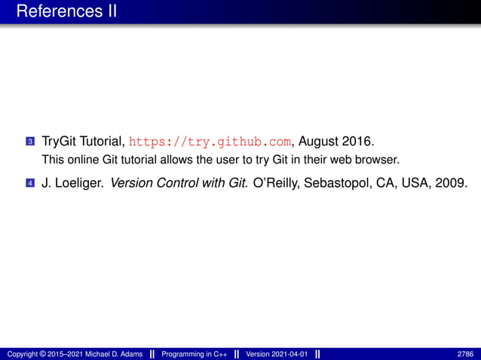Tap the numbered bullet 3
pyautogui.click(x=29, y=141)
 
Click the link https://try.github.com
pyautogui.click(x=210, y=141)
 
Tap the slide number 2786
pyautogui.click(x=466, y=353)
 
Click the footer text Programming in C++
pyautogui.click(x=191, y=353)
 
